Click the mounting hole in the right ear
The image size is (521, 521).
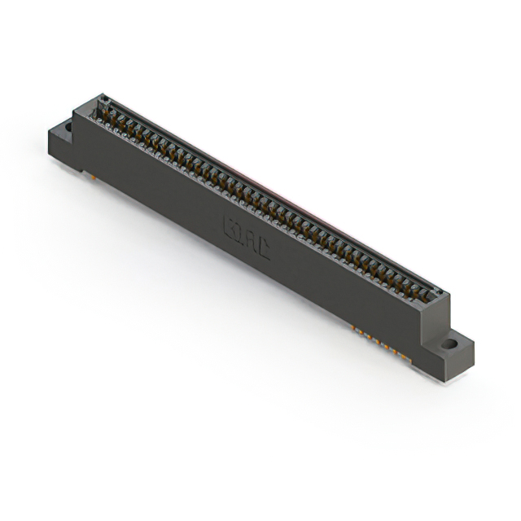tap(449, 345)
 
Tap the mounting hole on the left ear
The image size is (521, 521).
tap(68, 127)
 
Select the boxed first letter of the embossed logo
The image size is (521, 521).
tap(230, 224)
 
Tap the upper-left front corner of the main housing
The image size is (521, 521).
tap(75, 113)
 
